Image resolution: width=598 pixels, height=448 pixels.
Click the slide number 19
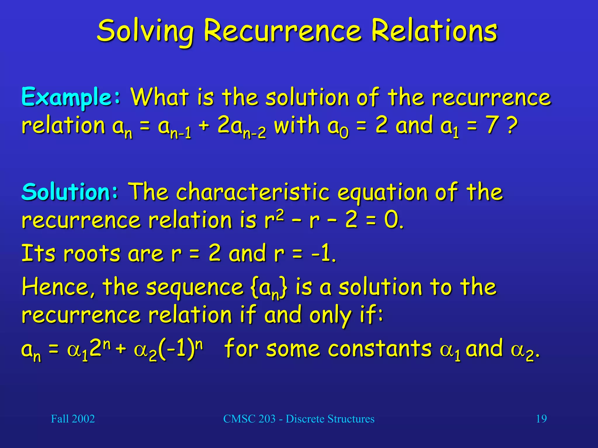pyautogui.click(x=541, y=419)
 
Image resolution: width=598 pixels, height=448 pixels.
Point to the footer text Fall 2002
pyautogui.click(x=73, y=419)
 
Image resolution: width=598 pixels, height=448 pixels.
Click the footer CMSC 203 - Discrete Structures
pyautogui.click(x=298, y=419)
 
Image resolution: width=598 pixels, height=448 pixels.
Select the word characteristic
pyautogui.click(x=253, y=192)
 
